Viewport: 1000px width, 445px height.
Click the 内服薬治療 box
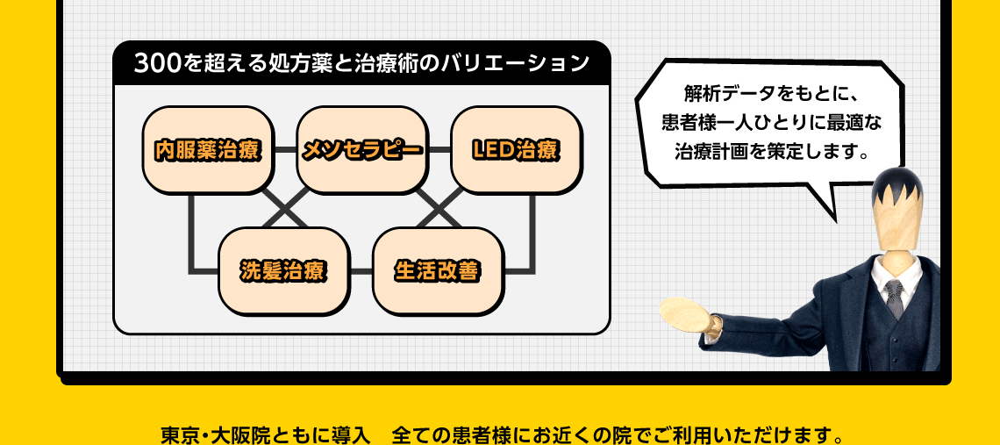coord(207,150)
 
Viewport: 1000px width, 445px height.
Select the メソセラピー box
coord(361,150)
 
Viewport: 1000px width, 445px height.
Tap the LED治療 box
coord(515,150)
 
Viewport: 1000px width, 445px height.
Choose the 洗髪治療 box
coord(283,270)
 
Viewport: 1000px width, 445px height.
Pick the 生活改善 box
coord(438,270)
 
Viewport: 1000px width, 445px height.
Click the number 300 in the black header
coord(159,63)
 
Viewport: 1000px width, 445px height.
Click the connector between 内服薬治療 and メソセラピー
coord(284,150)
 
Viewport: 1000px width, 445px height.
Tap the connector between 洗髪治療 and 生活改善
coord(361,270)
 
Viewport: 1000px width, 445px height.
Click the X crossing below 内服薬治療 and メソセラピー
coord(284,211)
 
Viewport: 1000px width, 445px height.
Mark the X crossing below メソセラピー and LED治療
coord(439,211)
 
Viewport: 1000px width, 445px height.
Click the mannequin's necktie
coord(894,298)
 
